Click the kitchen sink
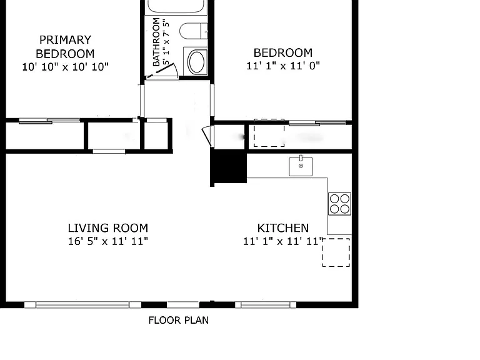301,166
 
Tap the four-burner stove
339,204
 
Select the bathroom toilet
194,31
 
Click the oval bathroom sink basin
196,62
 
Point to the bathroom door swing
165,71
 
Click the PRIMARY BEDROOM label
65,46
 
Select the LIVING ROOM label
107,228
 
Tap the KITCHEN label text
283,228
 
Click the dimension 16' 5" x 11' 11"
107,241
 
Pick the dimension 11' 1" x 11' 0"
283,66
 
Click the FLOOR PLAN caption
179,320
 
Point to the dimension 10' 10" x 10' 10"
65,67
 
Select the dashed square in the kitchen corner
336,252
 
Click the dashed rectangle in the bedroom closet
269,133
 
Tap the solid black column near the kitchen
229,167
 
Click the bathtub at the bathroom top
176,7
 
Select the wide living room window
82,304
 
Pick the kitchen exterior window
266,304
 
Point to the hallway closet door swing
207,136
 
